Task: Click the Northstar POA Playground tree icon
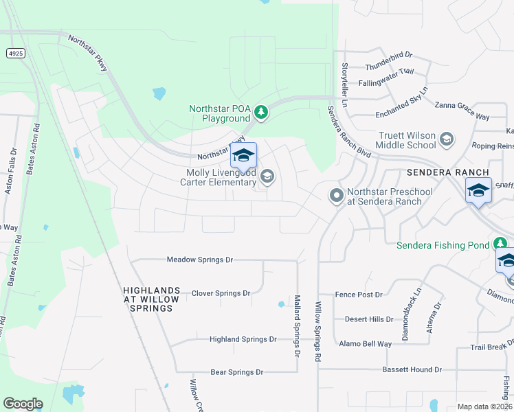coord(260,111)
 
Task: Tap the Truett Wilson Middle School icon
coord(447,140)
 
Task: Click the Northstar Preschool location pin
coord(336,196)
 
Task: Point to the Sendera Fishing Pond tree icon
coord(501,244)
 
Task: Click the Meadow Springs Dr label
coord(200,260)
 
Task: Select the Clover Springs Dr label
coord(221,293)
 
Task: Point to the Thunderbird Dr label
coord(388,54)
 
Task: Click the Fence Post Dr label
coord(358,295)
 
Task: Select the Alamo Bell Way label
coord(365,343)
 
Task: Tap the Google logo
coord(23,404)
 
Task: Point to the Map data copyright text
coord(485,407)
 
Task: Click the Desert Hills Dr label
coord(370,319)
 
